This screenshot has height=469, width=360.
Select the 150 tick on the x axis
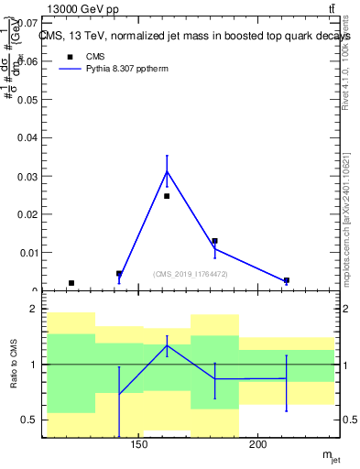click(x=140, y=445)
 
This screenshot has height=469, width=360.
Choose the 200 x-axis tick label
click(x=259, y=445)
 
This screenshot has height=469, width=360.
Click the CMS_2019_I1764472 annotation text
click(x=191, y=274)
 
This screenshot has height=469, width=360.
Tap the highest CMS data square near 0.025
click(x=167, y=196)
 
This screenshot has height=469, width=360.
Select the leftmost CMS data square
click(x=71, y=283)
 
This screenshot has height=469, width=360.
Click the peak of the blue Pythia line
click(x=167, y=171)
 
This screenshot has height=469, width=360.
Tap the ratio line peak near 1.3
click(x=167, y=345)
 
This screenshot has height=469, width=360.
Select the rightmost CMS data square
click(x=287, y=280)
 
